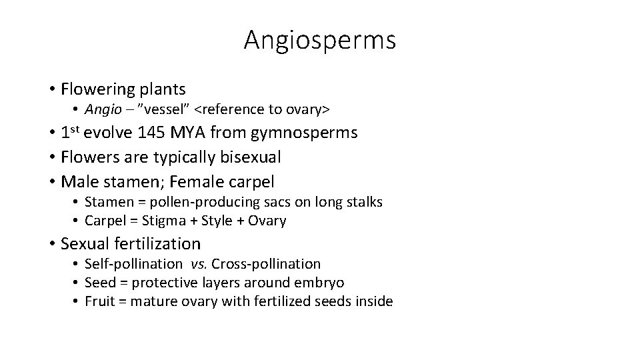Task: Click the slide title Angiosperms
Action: click(x=320, y=40)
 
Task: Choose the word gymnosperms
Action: click(x=305, y=133)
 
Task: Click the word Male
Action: click(x=78, y=181)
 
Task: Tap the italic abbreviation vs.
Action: click(x=198, y=264)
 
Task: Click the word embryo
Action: click(x=321, y=283)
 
